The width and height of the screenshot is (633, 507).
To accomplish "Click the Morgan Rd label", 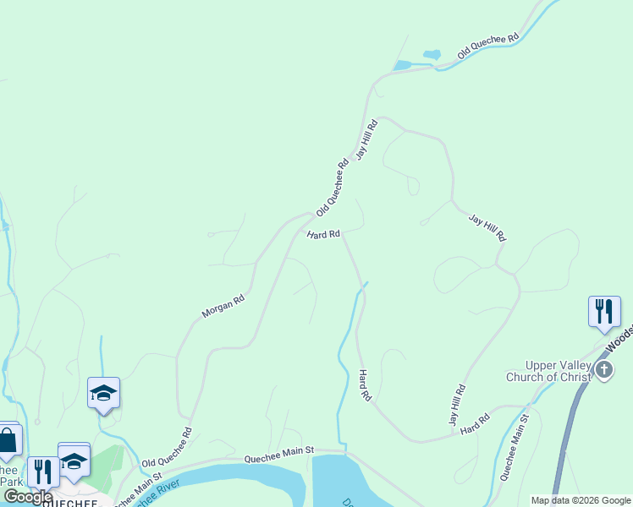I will click(223, 306).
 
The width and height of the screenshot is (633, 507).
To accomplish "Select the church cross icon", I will click(603, 369).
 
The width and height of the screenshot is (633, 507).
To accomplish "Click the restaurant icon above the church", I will click(604, 311).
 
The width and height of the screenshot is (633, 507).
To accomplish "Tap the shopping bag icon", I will click(8, 439).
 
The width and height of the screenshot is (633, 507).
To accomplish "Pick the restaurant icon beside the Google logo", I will click(42, 472).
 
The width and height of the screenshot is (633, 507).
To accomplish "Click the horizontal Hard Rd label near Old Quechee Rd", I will click(323, 234).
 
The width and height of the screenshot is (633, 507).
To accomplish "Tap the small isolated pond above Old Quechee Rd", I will click(432, 55).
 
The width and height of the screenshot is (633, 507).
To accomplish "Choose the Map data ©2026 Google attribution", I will click(581, 500).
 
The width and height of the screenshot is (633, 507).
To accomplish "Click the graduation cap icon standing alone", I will click(103, 393).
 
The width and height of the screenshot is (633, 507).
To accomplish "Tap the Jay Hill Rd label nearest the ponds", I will click(366, 139).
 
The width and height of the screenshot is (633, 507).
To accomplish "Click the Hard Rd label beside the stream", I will click(365, 384).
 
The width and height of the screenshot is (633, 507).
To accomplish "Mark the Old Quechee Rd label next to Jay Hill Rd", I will click(333, 188).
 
